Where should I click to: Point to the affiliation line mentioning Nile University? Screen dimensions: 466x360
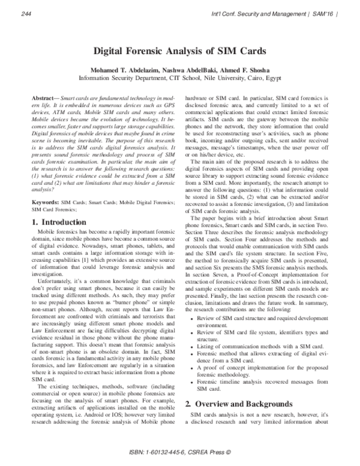(179, 77)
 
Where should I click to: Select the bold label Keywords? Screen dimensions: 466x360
(44, 188)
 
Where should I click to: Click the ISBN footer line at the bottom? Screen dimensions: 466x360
(179, 452)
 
